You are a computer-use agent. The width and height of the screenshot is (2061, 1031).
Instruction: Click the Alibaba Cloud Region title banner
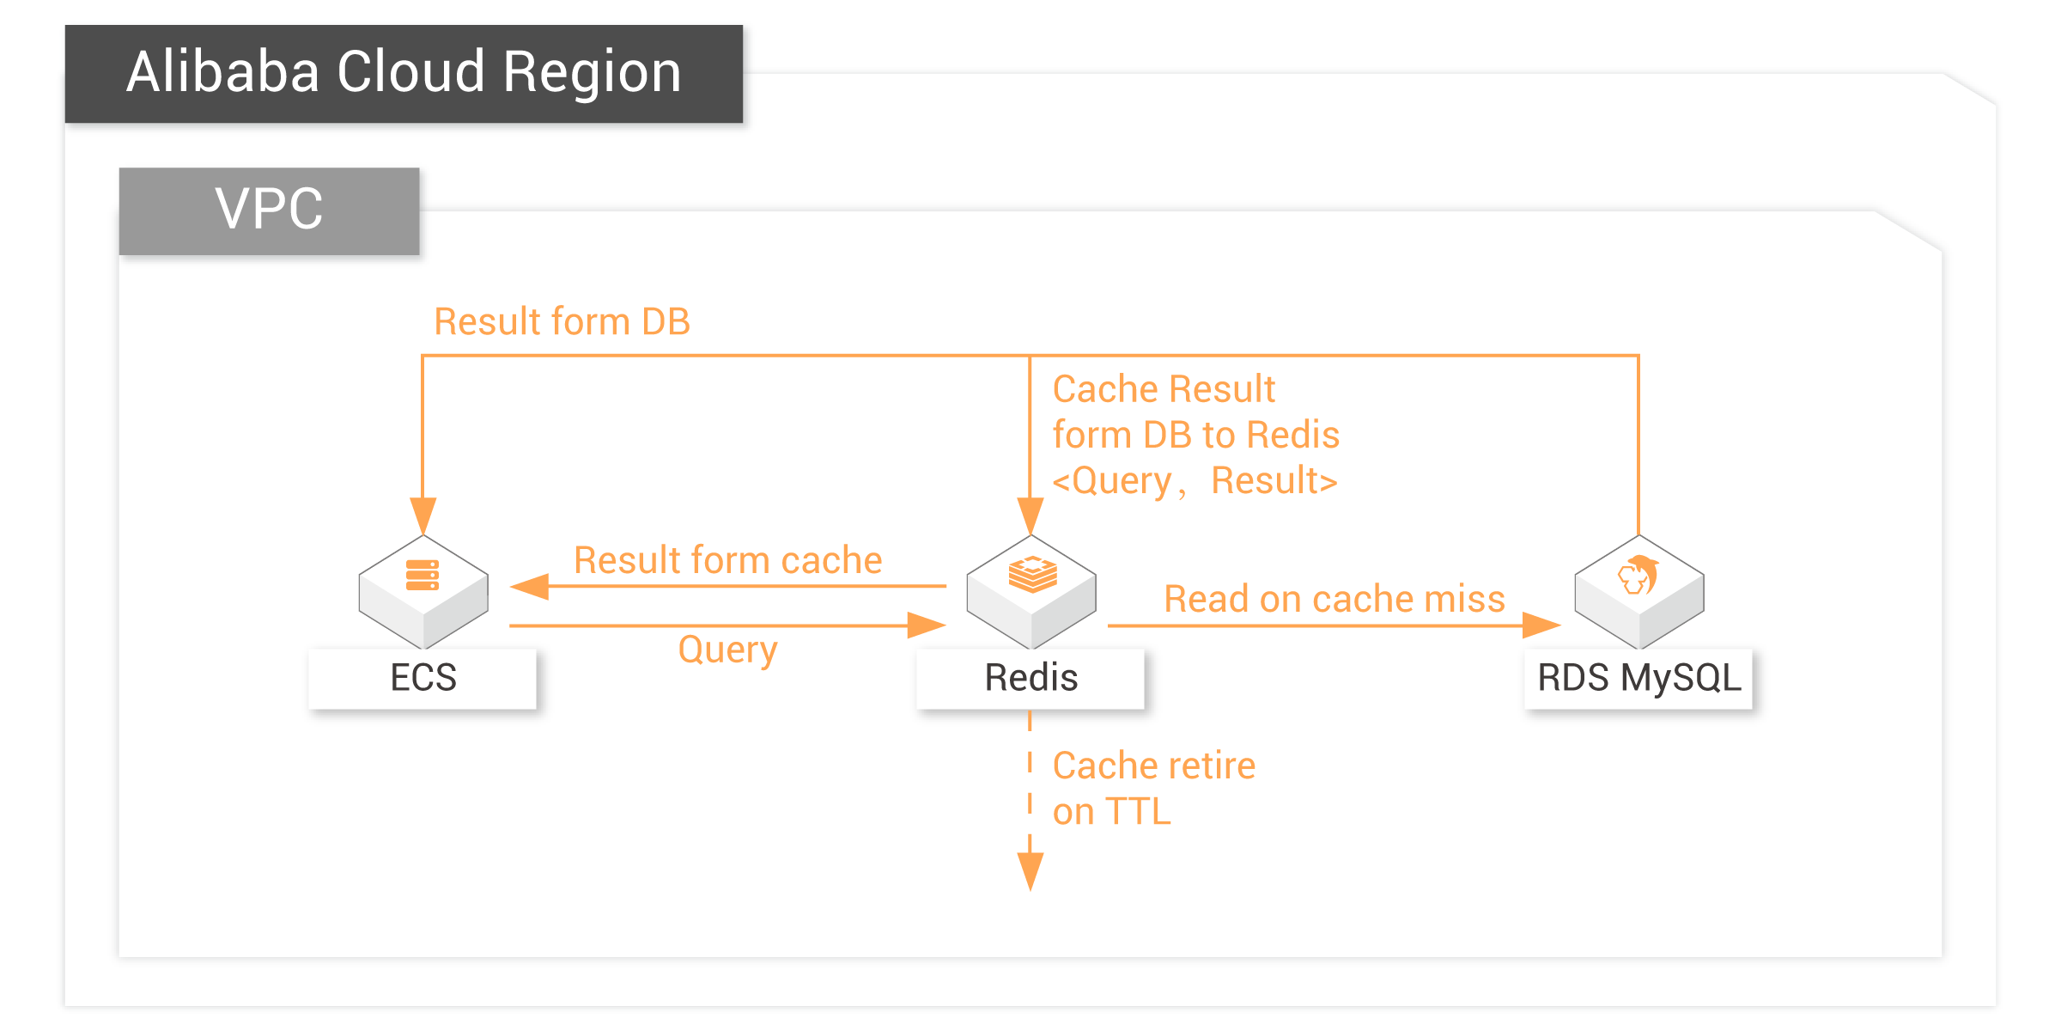click(x=404, y=74)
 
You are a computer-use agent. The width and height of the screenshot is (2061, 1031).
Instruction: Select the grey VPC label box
click(x=269, y=210)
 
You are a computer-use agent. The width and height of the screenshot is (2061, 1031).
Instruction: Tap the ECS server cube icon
click(x=423, y=592)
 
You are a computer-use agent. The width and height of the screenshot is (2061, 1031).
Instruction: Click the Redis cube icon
click(x=1031, y=592)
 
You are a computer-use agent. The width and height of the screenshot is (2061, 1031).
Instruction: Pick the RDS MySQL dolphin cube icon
click(x=1639, y=592)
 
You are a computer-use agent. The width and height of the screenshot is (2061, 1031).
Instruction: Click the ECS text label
click(x=423, y=678)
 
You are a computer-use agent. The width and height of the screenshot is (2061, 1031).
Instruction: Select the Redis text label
click(x=1031, y=678)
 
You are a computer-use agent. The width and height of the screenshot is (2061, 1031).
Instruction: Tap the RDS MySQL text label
click(x=1639, y=678)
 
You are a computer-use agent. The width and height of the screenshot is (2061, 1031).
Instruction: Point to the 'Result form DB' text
click(x=562, y=322)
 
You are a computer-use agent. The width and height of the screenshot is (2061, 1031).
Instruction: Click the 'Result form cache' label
click(x=728, y=560)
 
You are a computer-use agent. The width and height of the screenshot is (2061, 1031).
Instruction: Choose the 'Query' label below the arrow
click(x=728, y=650)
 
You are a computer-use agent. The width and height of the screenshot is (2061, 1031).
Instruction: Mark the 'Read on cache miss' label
click(x=1334, y=599)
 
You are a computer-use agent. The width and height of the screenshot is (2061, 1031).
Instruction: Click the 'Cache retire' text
click(x=1154, y=766)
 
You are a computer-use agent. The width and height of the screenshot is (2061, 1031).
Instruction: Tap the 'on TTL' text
click(x=1112, y=812)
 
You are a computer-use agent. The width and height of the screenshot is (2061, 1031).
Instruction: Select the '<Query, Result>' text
click(x=1195, y=481)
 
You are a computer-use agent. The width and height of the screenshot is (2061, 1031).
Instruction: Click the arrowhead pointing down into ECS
click(x=423, y=516)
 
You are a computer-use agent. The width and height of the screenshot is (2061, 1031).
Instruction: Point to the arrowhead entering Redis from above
click(x=1030, y=516)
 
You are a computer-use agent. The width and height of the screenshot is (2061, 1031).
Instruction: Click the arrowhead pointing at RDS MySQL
click(x=1541, y=625)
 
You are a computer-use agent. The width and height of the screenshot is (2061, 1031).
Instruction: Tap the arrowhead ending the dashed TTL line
click(x=1030, y=872)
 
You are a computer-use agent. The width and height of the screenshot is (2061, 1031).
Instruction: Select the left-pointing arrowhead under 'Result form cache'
click(x=529, y=587)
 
